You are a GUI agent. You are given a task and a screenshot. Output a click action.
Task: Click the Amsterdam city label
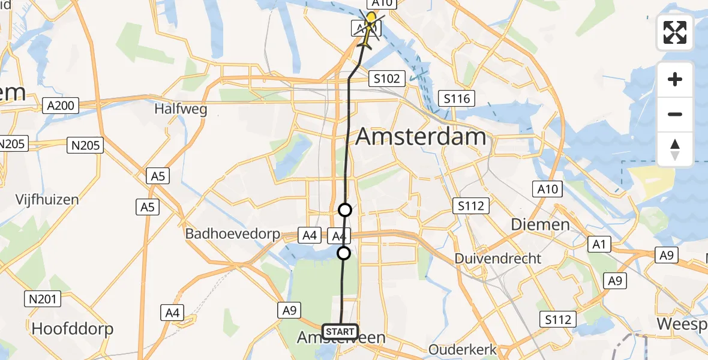421,137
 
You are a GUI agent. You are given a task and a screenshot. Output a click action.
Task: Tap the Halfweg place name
181,109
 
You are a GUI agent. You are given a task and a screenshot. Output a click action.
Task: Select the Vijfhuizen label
47,199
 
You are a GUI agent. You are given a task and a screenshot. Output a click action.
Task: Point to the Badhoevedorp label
233,233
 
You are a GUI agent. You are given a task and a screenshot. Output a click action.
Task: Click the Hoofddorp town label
72,329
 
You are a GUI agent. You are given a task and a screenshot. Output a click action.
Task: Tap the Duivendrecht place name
498,259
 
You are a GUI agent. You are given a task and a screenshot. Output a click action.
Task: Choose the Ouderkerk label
460,349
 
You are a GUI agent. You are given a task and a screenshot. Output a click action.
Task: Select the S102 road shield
388,78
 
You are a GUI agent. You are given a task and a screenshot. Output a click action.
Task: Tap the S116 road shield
457,98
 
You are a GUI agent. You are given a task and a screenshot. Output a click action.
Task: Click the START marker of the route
340,331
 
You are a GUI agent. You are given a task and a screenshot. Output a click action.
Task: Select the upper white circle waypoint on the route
345,210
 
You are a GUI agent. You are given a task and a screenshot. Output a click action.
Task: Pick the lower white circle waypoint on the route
344,253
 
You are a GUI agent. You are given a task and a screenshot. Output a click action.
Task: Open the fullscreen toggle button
675,32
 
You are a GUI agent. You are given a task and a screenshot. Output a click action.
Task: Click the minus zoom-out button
675,114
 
